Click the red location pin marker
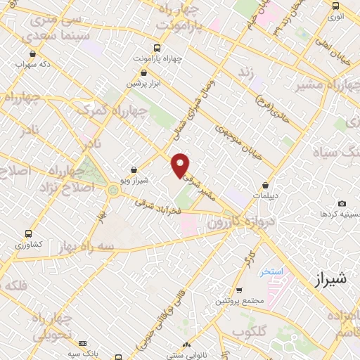click(181, 165)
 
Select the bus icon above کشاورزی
click(28, 233)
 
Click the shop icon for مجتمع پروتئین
click(239, 290)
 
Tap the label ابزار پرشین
click(143, 83)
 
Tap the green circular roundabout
click(113, 189)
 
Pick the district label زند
click(246, 72)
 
